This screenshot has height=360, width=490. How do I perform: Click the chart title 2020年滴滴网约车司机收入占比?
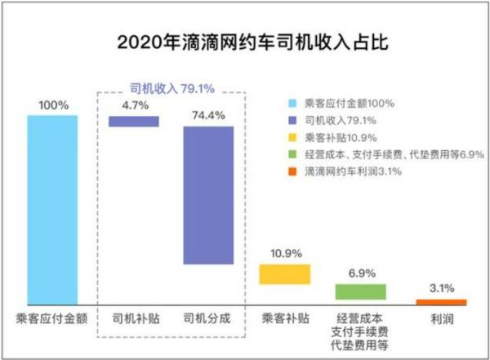(244, 42)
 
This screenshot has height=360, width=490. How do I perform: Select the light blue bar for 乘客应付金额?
(52, 209)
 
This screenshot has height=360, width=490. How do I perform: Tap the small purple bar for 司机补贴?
(134, 121)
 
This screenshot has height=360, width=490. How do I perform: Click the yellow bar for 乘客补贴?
(284, 273)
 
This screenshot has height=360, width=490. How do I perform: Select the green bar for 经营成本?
(360, 291)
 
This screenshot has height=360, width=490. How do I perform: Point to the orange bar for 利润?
(441, 301)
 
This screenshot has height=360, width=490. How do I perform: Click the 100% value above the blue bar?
(52, 105)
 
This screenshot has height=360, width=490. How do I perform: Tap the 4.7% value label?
(134, 104)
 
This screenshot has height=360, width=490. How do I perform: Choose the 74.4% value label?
(208, 114)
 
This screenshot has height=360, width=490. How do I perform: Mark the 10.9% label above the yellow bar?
(284, 253)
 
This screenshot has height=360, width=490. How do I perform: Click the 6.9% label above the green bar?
(360, 273)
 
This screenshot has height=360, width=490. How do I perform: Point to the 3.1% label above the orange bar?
(441, 287)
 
